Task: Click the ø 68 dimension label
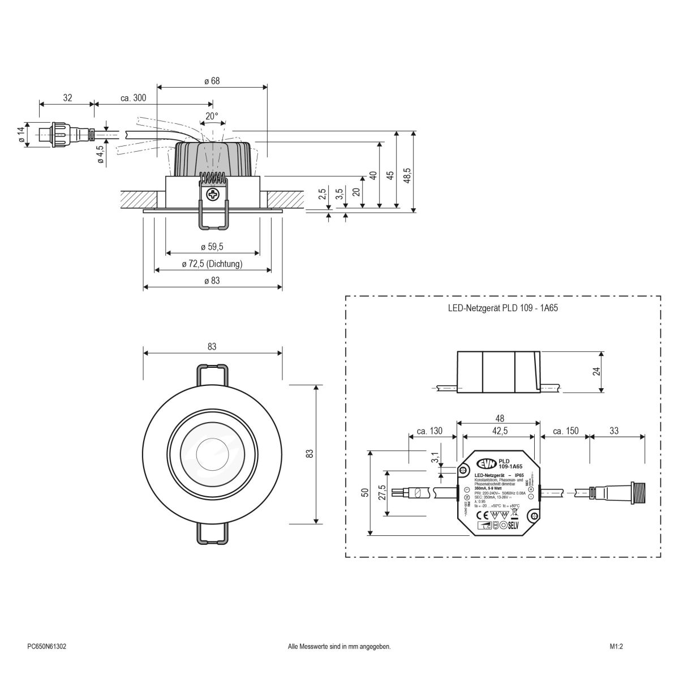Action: coord(212,81)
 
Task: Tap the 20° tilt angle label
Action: coord(212,116)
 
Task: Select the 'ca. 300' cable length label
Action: coord(134,98)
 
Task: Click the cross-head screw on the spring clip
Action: coord(213,196)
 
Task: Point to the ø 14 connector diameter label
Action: coord(22,136)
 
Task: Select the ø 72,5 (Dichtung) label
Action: coord(212,264)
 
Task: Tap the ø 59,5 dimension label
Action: coord(212,247)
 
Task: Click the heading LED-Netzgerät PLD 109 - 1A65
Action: coord(503,310)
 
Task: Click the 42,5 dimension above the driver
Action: coord(498,431)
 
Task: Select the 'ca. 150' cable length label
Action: coord(565,431)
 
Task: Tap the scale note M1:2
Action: coord(616,646)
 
